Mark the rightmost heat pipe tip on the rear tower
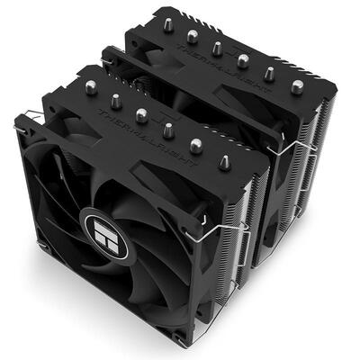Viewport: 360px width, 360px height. pyautogui.click(x=297, y=85)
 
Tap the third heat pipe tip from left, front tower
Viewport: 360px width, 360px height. pyautogui.click(x=141, y=114)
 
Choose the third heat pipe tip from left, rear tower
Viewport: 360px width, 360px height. pyautogui.click(x=217, y=49)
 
